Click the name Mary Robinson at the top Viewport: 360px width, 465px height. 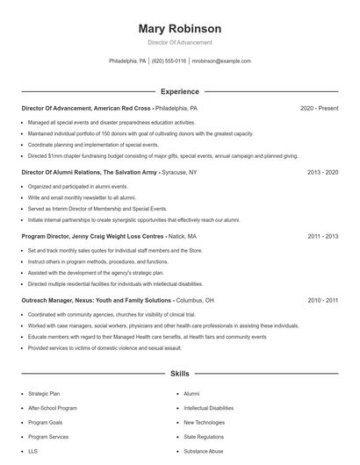tap(180, 29)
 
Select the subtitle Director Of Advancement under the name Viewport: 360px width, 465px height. tap(180, 42)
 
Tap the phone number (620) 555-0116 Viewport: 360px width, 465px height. tap(169, 61)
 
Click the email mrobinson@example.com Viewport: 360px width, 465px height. tap(221, 61)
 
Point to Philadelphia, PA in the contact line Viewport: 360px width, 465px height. tap(127, 61)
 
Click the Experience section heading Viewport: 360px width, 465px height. tap(180, 91)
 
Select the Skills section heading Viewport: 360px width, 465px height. tap(180, 374)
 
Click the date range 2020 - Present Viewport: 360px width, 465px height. tap(319, 108)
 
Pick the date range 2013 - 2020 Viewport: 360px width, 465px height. tap(322, 173)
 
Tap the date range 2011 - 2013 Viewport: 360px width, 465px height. tap(322, 236)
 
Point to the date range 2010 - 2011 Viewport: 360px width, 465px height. tap(322, 300)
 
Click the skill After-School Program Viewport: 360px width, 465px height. tap(53, 408)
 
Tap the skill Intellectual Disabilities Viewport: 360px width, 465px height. tap(208, 408)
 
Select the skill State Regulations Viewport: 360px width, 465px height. tap(204, 436)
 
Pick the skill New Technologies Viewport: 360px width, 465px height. tap(205, 422)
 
